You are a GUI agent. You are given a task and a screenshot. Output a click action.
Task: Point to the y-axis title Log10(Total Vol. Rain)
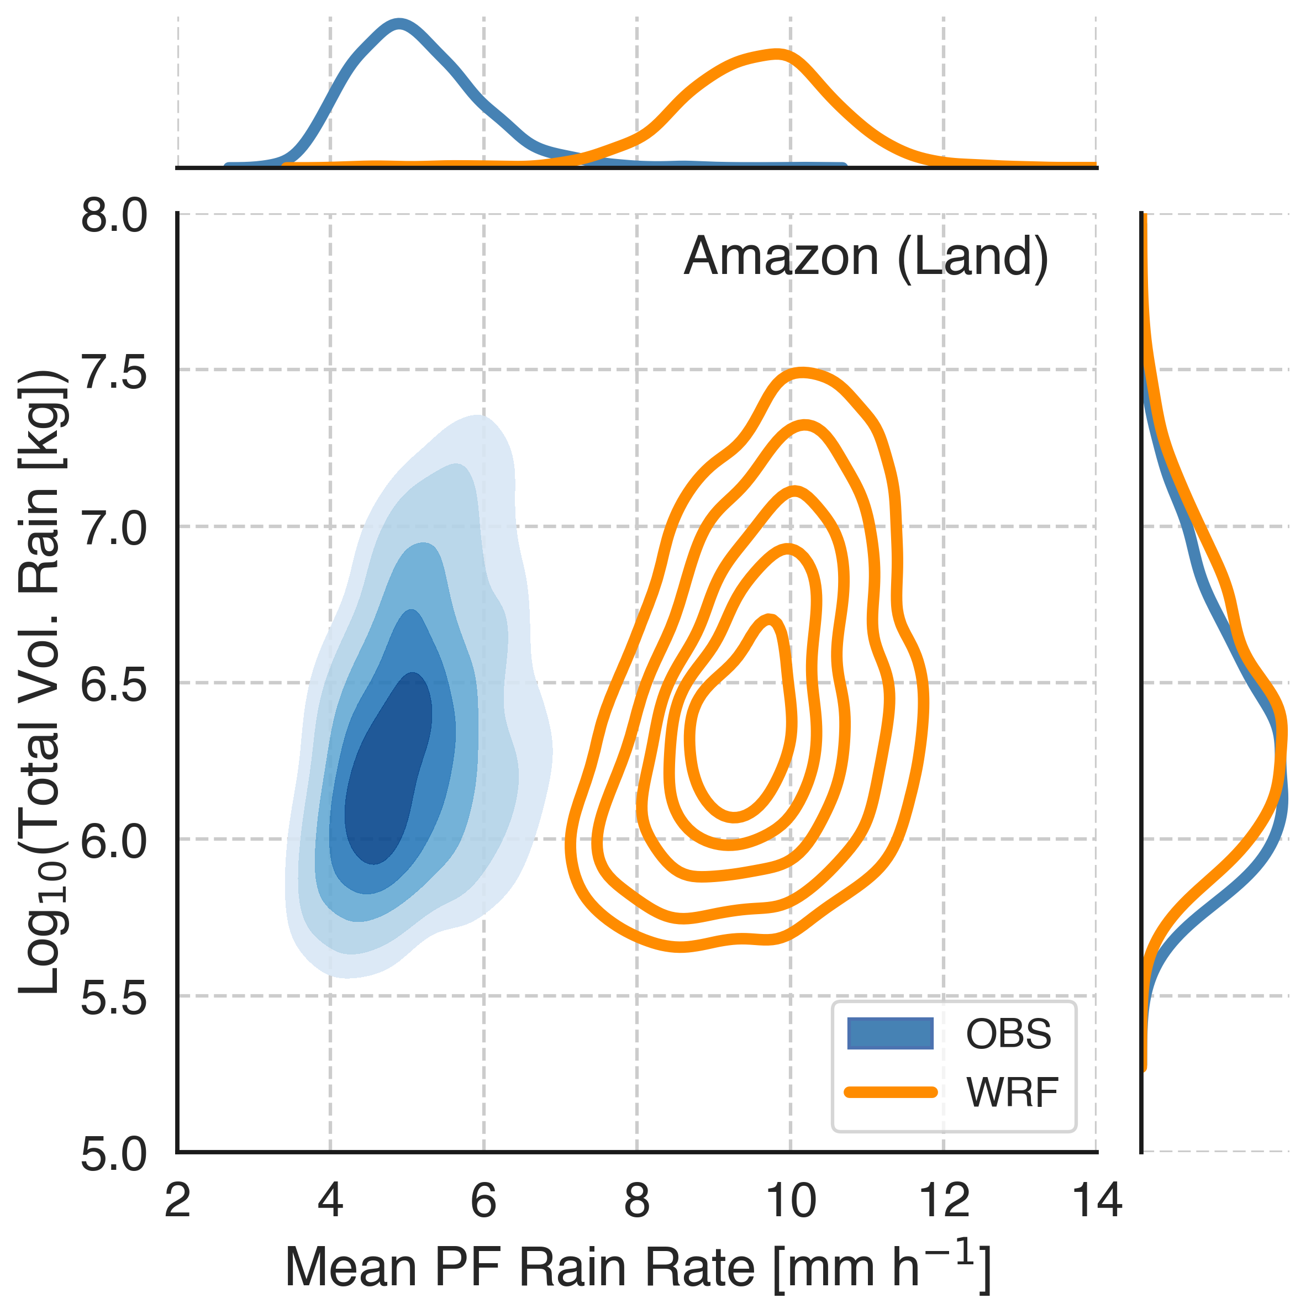pyautogui.click(x=42, y=684)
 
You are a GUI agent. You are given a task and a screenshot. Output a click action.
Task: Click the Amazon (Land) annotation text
pyautogui.click(x=866, y=257)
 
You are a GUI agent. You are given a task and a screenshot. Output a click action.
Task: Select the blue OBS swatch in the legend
pyautogui.click(x=889, y=1035)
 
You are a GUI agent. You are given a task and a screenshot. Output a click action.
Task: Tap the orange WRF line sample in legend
pyautogui.click(x=889, y=1093)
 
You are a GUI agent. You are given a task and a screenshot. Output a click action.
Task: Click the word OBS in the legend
pyautogui.click(x=1009, y=1035)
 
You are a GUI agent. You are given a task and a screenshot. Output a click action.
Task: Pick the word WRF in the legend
pyautogui.click(x=1012, y=1093)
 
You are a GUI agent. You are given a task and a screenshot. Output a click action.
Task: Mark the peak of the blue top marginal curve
pyautogui.click(x=399, y=25)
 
